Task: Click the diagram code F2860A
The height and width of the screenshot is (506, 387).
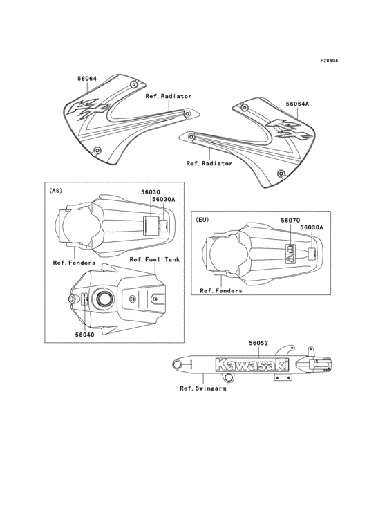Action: pyautogui.click(x=329, y=60)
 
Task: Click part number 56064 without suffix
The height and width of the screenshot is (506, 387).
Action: pyautogui.click(x=86, y=79)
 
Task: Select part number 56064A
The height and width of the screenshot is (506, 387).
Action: pyautogui.click(x=297, y=104)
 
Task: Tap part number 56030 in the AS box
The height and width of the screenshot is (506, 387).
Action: pyautogui.click(x=151, y=192)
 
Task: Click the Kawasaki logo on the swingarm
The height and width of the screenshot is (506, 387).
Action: pyautogui.click(x=252, y=364)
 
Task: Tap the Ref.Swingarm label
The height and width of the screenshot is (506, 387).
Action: pyautogui.click(x=203, y=388)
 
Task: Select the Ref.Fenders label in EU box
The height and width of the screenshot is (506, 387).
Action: pyautogui.click(x=221, y=291)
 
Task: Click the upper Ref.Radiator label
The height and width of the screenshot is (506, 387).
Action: pyautogui.click(x=168, y=97)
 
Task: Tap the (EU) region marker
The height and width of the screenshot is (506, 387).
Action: pyautogui.click(x=201, y=219)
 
